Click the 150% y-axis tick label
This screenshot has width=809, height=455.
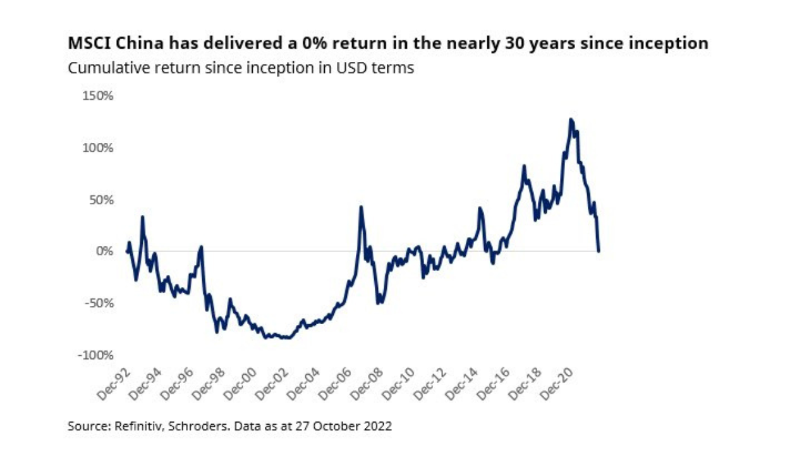coord(96,96)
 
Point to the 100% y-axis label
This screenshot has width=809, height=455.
coord(96,148)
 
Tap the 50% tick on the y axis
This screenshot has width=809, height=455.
coord(99,200)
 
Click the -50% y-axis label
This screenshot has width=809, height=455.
coord(97,303)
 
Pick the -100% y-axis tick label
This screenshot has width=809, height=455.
coord(95,355)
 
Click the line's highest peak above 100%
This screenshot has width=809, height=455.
coord(571,119)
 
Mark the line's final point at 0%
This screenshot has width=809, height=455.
coord(599,251)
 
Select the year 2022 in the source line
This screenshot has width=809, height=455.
coord(378,426)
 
